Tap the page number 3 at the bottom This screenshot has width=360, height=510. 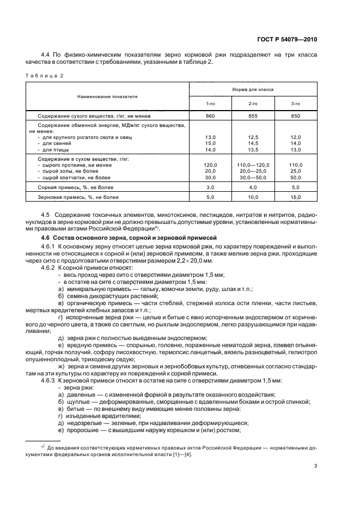point(315,466)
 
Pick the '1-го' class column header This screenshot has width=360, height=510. point(210,104)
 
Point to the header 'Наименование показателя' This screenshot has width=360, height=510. point(107,96)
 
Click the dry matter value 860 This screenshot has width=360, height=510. point(210,116)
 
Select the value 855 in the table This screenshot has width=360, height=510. point(253,116)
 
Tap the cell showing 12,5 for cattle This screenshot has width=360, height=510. point(253,137)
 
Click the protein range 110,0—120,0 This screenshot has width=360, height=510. point(253,165)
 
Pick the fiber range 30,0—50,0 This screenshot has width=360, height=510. point(253,177)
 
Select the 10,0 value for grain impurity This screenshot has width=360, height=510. point(253,197)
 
